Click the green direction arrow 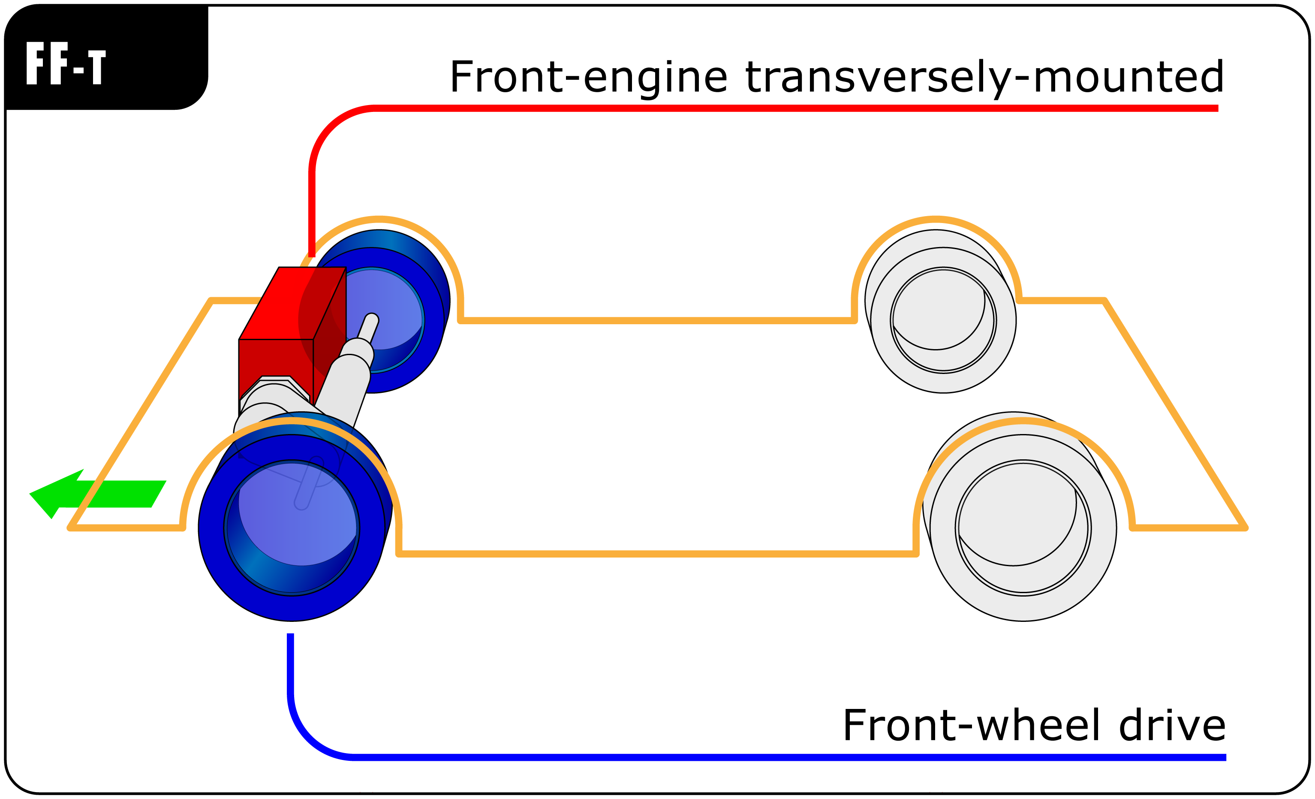(107, 494)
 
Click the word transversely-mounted (985, 77)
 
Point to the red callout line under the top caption (747, 109)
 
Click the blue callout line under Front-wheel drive (747, 757)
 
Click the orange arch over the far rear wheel (936, 219)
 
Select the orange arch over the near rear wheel (1023, 422)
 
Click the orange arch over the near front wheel (292, 422)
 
